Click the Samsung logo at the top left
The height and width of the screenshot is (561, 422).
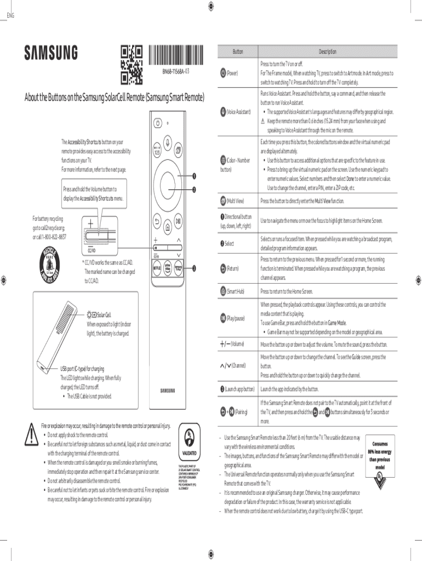click(50, 53)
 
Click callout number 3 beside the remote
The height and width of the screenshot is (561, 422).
click(193, 268)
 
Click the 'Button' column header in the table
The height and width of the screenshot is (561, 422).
click(238, 51)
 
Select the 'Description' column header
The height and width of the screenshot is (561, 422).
click(328, 51)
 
